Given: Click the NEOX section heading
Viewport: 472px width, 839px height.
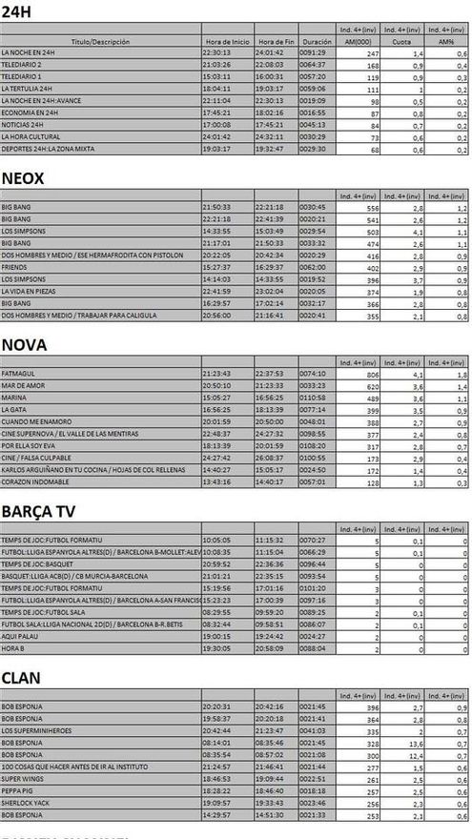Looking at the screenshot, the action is click(x=23, y=178).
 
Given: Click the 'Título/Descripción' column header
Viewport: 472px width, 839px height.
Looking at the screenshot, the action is click(x=100, y=43).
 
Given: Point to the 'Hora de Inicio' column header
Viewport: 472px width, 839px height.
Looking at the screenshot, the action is click(x=227, y=43).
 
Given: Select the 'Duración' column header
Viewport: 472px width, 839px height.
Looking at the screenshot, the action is click(x=317, y=43).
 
